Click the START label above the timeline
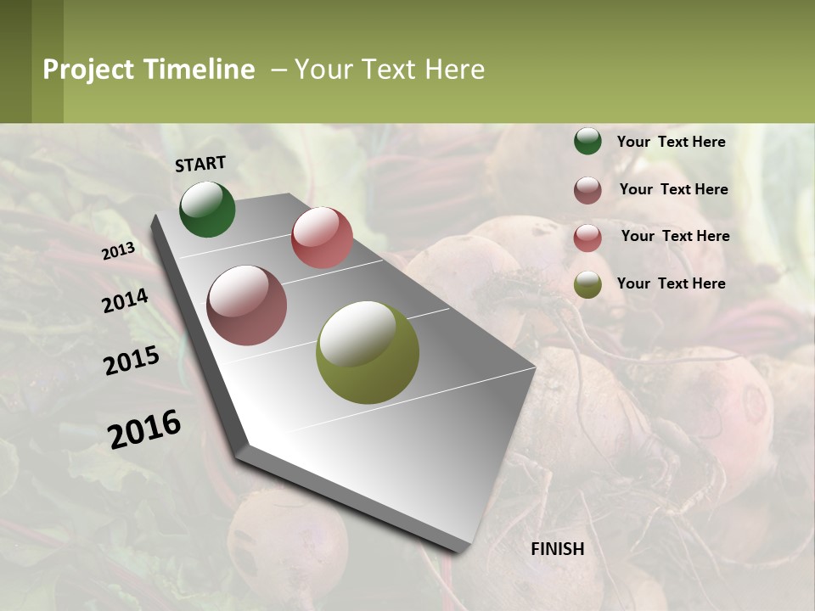click(200, 164)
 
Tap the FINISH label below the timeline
click(558, 549)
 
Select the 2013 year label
click(118, 251)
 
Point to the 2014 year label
click(125, 300)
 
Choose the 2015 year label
click(132, 361)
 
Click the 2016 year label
click(144, 429)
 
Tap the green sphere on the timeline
click(207, 209)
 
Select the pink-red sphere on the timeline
click(322, 238)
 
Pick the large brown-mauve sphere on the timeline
click(247, 305)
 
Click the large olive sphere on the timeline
click(368, 352)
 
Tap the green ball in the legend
click(587, 141)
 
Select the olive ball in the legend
click(587, 284)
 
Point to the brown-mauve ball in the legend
click(587, 190)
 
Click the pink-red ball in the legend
click(587, 238)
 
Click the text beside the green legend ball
click(671, 142)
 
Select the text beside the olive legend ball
click(671, 283)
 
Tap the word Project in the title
click(87, 70)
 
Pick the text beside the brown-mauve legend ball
click(673, 189)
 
